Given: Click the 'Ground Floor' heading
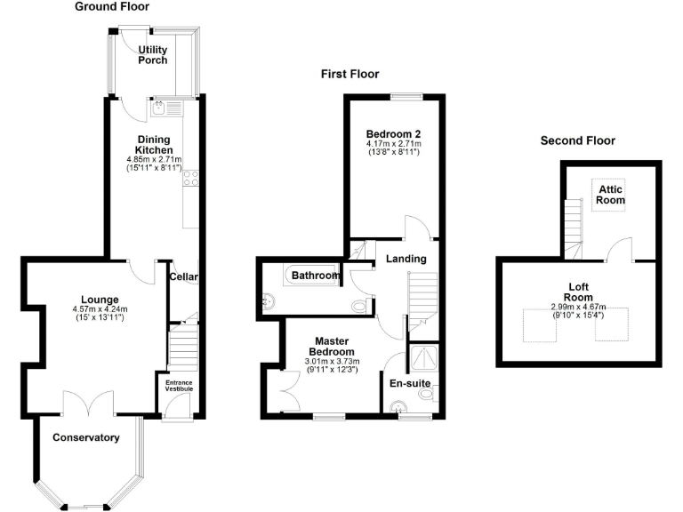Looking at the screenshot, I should (x=111, y=7).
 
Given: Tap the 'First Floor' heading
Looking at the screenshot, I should (x=350, y=75).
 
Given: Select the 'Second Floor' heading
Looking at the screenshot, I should (x=577, y=140).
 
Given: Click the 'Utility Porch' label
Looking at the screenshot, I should (x=152, y=55).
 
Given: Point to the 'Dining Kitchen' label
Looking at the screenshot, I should (x=154, y=144).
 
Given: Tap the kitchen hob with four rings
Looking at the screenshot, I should (x=189, y=180).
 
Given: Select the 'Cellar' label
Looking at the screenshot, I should (x=183, y=277).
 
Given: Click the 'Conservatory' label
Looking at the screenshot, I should (x=85, y=437).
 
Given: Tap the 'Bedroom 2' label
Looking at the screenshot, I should (x=392, y=134).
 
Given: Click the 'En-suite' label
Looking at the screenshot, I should (x=410, y=383).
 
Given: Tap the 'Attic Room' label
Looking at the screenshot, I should (x=609, y=195).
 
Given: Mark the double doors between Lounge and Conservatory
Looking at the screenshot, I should (x=88, y=401).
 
